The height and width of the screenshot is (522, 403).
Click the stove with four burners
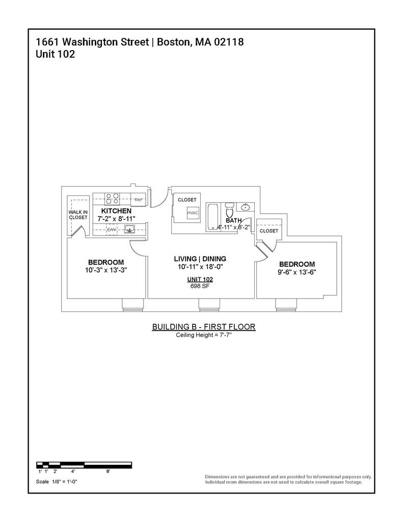112,198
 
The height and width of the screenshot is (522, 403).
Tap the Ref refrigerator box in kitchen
139,199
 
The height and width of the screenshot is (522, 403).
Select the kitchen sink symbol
129,230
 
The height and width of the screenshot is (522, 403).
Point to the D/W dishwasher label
112,230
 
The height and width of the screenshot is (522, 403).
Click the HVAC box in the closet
193,213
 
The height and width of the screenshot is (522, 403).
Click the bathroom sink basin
246,207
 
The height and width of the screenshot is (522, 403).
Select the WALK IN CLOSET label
78,215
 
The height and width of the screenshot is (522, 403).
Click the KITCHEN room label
116,211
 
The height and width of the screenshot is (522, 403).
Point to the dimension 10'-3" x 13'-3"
106,271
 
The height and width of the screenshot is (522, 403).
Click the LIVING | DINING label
200,258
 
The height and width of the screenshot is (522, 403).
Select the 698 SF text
200,286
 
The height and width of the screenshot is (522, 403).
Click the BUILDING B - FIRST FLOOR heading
203,327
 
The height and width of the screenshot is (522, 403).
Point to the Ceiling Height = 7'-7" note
203,335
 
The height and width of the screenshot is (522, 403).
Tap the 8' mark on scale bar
108,472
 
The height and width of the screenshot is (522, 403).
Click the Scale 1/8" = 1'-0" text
57,481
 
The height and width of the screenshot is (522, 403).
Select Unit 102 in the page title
56,55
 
